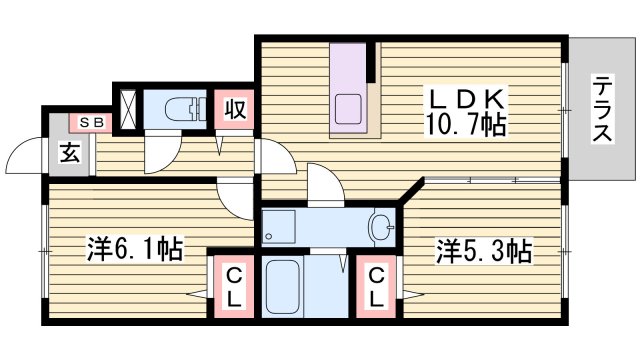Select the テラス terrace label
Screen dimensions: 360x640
tap(602, 109)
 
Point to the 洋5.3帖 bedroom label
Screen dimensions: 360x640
tap(483, 250)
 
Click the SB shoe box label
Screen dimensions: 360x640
tap(92, 122)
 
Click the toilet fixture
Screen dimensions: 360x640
tap(179, 108)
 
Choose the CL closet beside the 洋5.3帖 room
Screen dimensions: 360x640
tap(376, 286)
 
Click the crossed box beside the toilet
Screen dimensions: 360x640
tap(129, 109)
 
